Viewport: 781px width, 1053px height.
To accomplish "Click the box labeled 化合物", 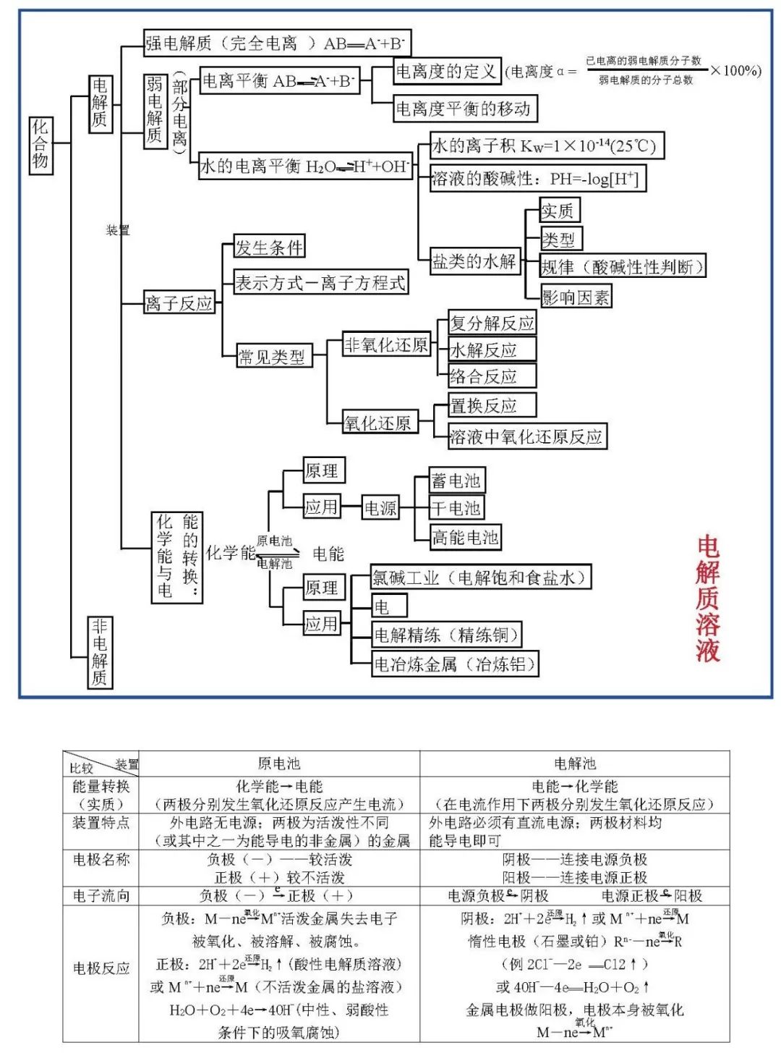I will click(x=40, y=144).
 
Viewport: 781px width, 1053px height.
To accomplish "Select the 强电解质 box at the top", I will click(x=277, y=43).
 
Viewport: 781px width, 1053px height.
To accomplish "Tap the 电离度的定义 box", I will click(x=446, y=71).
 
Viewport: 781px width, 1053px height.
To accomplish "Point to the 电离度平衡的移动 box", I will click(x=465, y=109).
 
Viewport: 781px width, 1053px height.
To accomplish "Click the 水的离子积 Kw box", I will click(x=546, y=146).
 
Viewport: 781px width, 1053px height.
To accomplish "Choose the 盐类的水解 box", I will click(x=474, y=261).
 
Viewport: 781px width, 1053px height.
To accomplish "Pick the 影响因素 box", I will click(x=576, y=297).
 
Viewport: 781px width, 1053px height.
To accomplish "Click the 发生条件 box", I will click(x=269, y=248).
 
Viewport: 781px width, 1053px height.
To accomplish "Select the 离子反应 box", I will click(x=179, y=303).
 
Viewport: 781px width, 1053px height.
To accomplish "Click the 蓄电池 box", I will click(x=456, y=481).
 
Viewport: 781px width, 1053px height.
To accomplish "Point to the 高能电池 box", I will click(x=466, y=537).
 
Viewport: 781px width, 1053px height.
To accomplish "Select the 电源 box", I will click(x=380, y=508).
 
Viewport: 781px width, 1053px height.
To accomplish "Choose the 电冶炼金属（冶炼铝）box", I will click(x=456, y=664).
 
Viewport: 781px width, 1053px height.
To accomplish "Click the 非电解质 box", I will click(x=100, y=652).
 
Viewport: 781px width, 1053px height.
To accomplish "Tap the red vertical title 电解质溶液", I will click(x=708, y=599).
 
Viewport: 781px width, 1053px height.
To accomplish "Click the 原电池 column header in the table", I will click(x=278, y=764).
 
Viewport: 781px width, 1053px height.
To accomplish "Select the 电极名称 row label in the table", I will click(x=101, y=860).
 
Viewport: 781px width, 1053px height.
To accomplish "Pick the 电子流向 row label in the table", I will click(x=101, y=896).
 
